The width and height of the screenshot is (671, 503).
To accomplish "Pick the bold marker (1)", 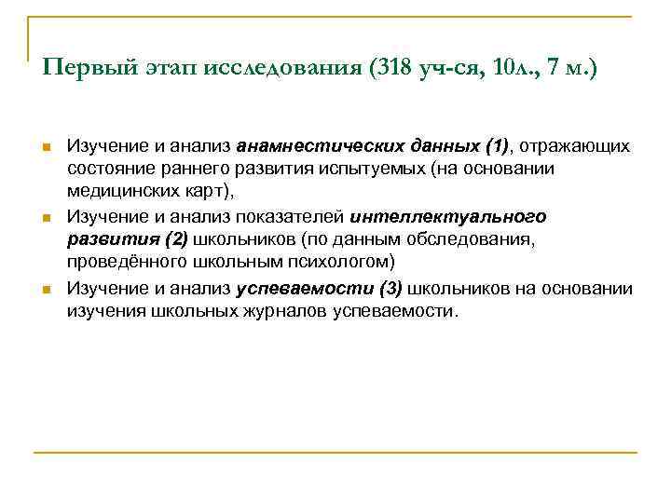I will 497,146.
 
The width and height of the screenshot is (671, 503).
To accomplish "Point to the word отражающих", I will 576,146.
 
